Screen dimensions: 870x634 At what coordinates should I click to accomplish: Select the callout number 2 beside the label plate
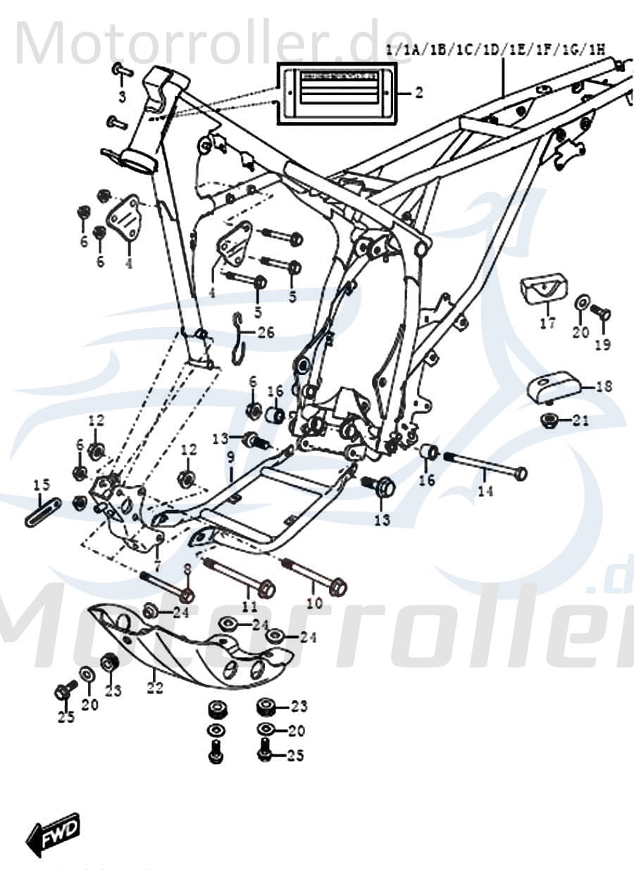tap(418, 93)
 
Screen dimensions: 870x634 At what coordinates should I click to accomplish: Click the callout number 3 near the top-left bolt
tap(122, 97)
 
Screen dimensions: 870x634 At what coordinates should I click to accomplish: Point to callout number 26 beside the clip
tap(265, 332)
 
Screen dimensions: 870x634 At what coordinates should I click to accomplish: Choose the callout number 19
tap(602, 345)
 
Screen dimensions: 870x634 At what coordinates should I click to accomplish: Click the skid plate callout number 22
tap(154, 687)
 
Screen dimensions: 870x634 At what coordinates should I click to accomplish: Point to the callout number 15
tap(42, 484)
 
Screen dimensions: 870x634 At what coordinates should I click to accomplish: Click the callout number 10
tap(313, 604)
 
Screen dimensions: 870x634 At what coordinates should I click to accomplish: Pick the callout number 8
tap(187, 569)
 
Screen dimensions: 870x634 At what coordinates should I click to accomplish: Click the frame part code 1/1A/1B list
tap(497, 49)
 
